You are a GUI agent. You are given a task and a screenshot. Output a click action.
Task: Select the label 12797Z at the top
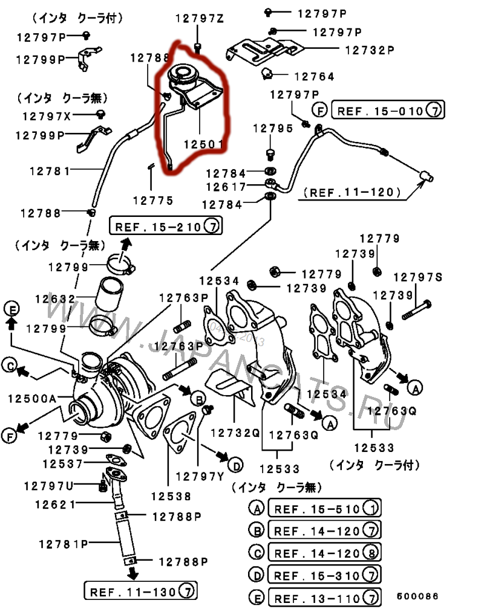tap(199, 18)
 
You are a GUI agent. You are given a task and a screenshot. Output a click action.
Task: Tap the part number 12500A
tap(31, 398)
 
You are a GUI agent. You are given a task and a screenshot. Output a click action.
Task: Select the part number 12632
tap(55, 298)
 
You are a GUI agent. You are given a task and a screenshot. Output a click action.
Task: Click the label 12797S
tap(418, 277)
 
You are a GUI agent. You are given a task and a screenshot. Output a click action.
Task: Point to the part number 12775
tap(153, 201)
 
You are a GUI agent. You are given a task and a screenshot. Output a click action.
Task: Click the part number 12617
tap(225, 187)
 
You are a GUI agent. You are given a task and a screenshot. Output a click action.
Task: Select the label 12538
tap(171, 496)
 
